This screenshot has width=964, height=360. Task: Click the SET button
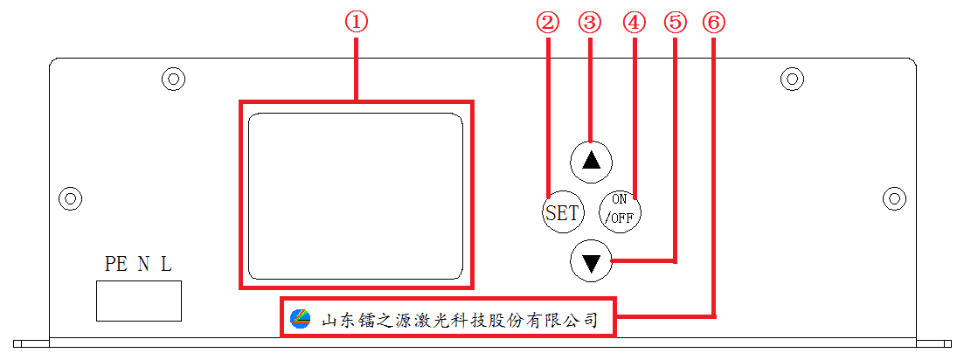click(x=562, y=213)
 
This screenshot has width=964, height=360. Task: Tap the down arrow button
click(x=592, y=262)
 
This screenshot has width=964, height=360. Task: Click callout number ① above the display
click(x=356, y=24)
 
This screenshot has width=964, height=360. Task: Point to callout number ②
click(x=548, y=24)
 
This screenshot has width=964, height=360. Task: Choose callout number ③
click(x=590, y=24)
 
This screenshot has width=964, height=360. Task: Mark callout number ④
click(x=635, y=24)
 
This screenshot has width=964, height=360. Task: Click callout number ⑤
click(x=675, y=24)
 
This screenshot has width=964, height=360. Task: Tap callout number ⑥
click(x=714, y=24)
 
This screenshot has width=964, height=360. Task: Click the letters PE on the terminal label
click(x=116, y=264)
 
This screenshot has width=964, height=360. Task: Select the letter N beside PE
click(x=143, y=264)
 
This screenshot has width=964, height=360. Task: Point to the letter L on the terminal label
click(x=167, y=264)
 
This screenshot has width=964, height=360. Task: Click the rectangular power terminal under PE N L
click(x=139, y=301)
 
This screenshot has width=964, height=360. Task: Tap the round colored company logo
click(x=301, y=318)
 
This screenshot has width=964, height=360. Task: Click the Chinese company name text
click(x=459, y=320)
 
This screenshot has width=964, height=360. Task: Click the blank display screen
click(x=356, y=196)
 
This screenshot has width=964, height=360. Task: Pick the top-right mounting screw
click(x=793, y=78)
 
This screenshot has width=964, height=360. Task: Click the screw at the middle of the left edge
click(x=71, y=197)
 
